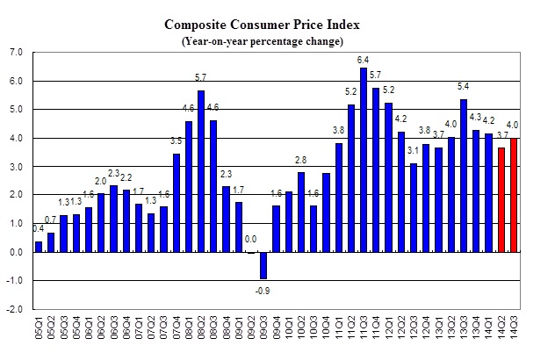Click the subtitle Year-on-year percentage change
(274, 40)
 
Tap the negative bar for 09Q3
(263, 265)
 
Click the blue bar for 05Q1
(38, 247)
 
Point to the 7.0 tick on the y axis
(15, 53)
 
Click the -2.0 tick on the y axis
(15, 309)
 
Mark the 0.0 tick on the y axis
(15, 252)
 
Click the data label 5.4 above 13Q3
(465, 87)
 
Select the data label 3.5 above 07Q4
(176, 140)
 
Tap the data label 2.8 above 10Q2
(301, 161)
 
